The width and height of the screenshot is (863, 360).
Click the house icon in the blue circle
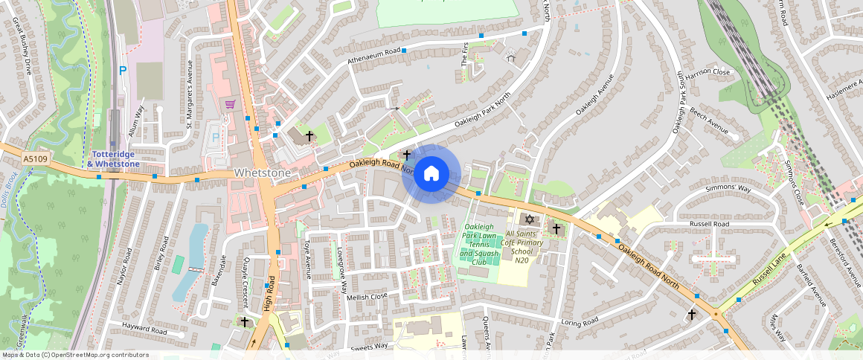(431, 174)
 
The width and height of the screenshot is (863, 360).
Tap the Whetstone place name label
(262, 173)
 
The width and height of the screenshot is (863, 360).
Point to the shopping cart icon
(231, 104)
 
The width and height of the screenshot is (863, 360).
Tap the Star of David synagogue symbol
(530, 220)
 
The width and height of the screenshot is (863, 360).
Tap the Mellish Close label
(368, 296)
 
